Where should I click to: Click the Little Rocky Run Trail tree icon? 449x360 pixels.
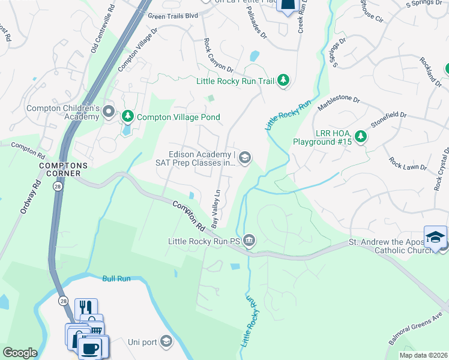coord(283,80)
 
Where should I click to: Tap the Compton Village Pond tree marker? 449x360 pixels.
coord(127,116)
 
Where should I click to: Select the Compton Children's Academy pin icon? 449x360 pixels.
coord(109,112)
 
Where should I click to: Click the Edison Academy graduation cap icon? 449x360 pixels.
coord(244,158)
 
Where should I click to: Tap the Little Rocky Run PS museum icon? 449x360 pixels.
coord(249,241)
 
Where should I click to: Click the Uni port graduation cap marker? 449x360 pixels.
coord(166,342)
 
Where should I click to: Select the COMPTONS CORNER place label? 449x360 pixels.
coord(63,169)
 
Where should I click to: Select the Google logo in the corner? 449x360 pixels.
coord(20,352)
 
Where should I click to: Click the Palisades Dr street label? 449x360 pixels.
coord(256,26)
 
